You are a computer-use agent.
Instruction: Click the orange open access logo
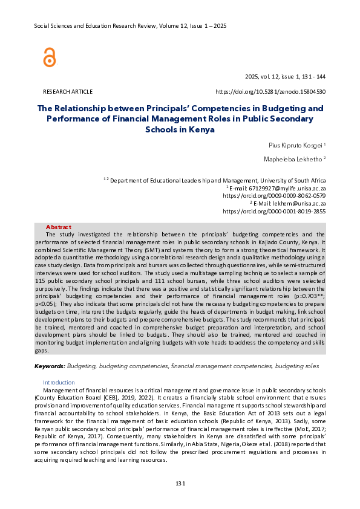pyautogui.click(x=49, y=57)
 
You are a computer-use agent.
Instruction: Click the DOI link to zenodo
pyautogui.click(x=270, y=91)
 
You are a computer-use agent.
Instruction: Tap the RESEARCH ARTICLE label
pyautogui.click(x=68, y=91)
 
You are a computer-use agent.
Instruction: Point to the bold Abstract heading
pyautogui.click(x=58, y=227)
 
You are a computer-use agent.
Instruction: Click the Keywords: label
pyautogui.click(x=50, y=366)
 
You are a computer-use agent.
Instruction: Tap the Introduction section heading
pyautogui.click(x=59, y=383)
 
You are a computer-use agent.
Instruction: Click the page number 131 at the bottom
pyautogui.click(x=180, y=483)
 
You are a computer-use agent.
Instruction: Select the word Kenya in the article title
pyautogui.click(x=203, y=129)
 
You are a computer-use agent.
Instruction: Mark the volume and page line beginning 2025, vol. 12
pyautogui.click(x=285, y=77)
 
